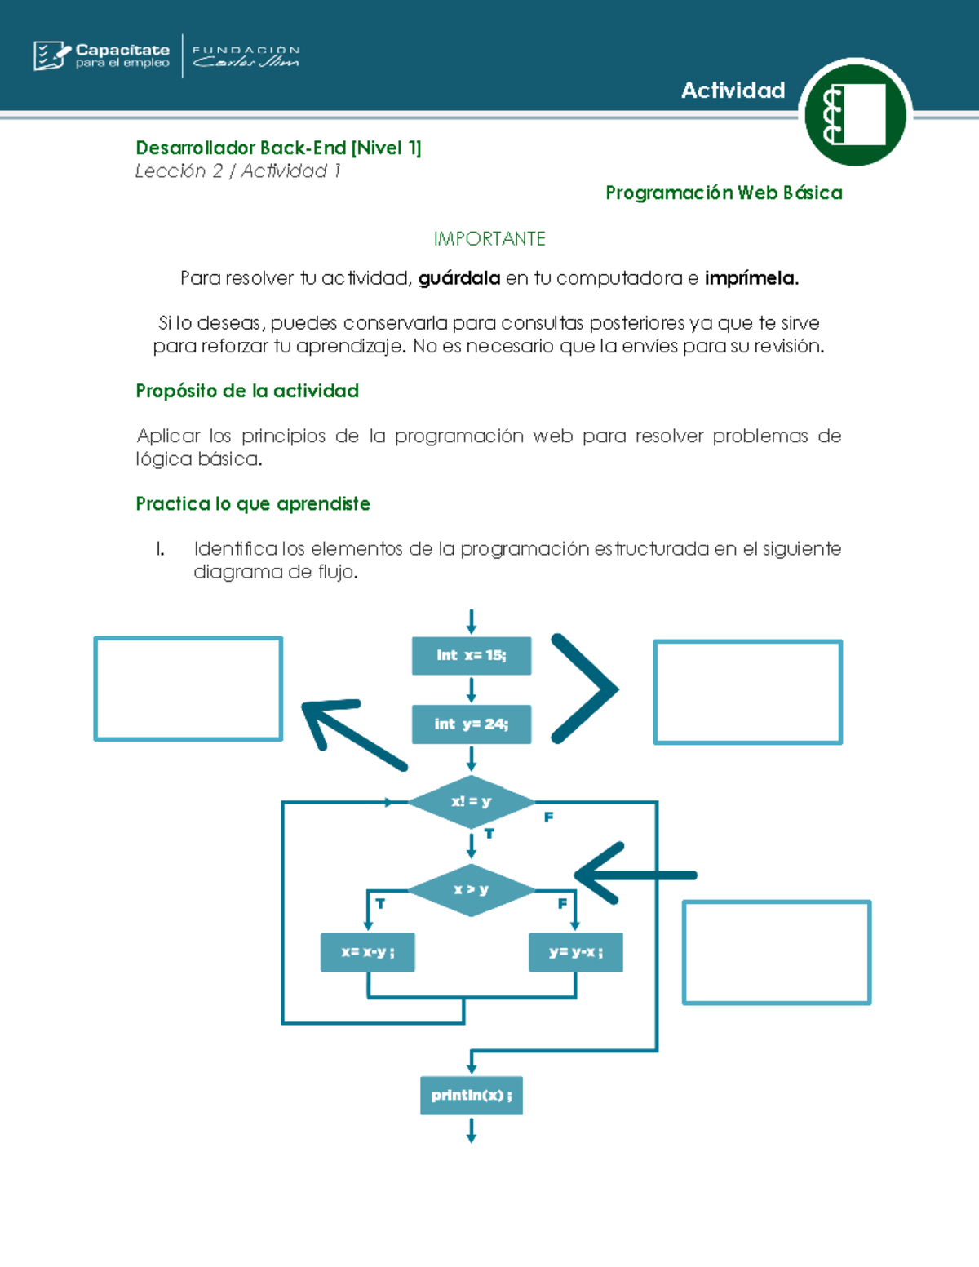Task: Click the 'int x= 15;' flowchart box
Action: [471, 656]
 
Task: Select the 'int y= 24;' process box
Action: [471, 724]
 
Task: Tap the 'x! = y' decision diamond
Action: [471, 802]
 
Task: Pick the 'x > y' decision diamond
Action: [471, 889]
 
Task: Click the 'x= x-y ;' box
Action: [367, 952]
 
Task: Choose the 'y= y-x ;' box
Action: [575, 952]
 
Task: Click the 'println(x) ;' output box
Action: [471, 1096]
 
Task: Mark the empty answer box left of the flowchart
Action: [188, 689]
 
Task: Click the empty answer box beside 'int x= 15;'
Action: [747, 692]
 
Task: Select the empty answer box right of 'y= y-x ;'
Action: [776, 952]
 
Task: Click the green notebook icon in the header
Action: [855, 113]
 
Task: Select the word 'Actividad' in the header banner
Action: [733, 91]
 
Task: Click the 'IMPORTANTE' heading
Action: [489, 239]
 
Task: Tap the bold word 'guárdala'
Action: [459, 278]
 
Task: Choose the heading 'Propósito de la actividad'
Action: [247, 391]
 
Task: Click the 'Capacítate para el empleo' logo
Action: [102, 55]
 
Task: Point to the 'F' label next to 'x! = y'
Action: [548, 817]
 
